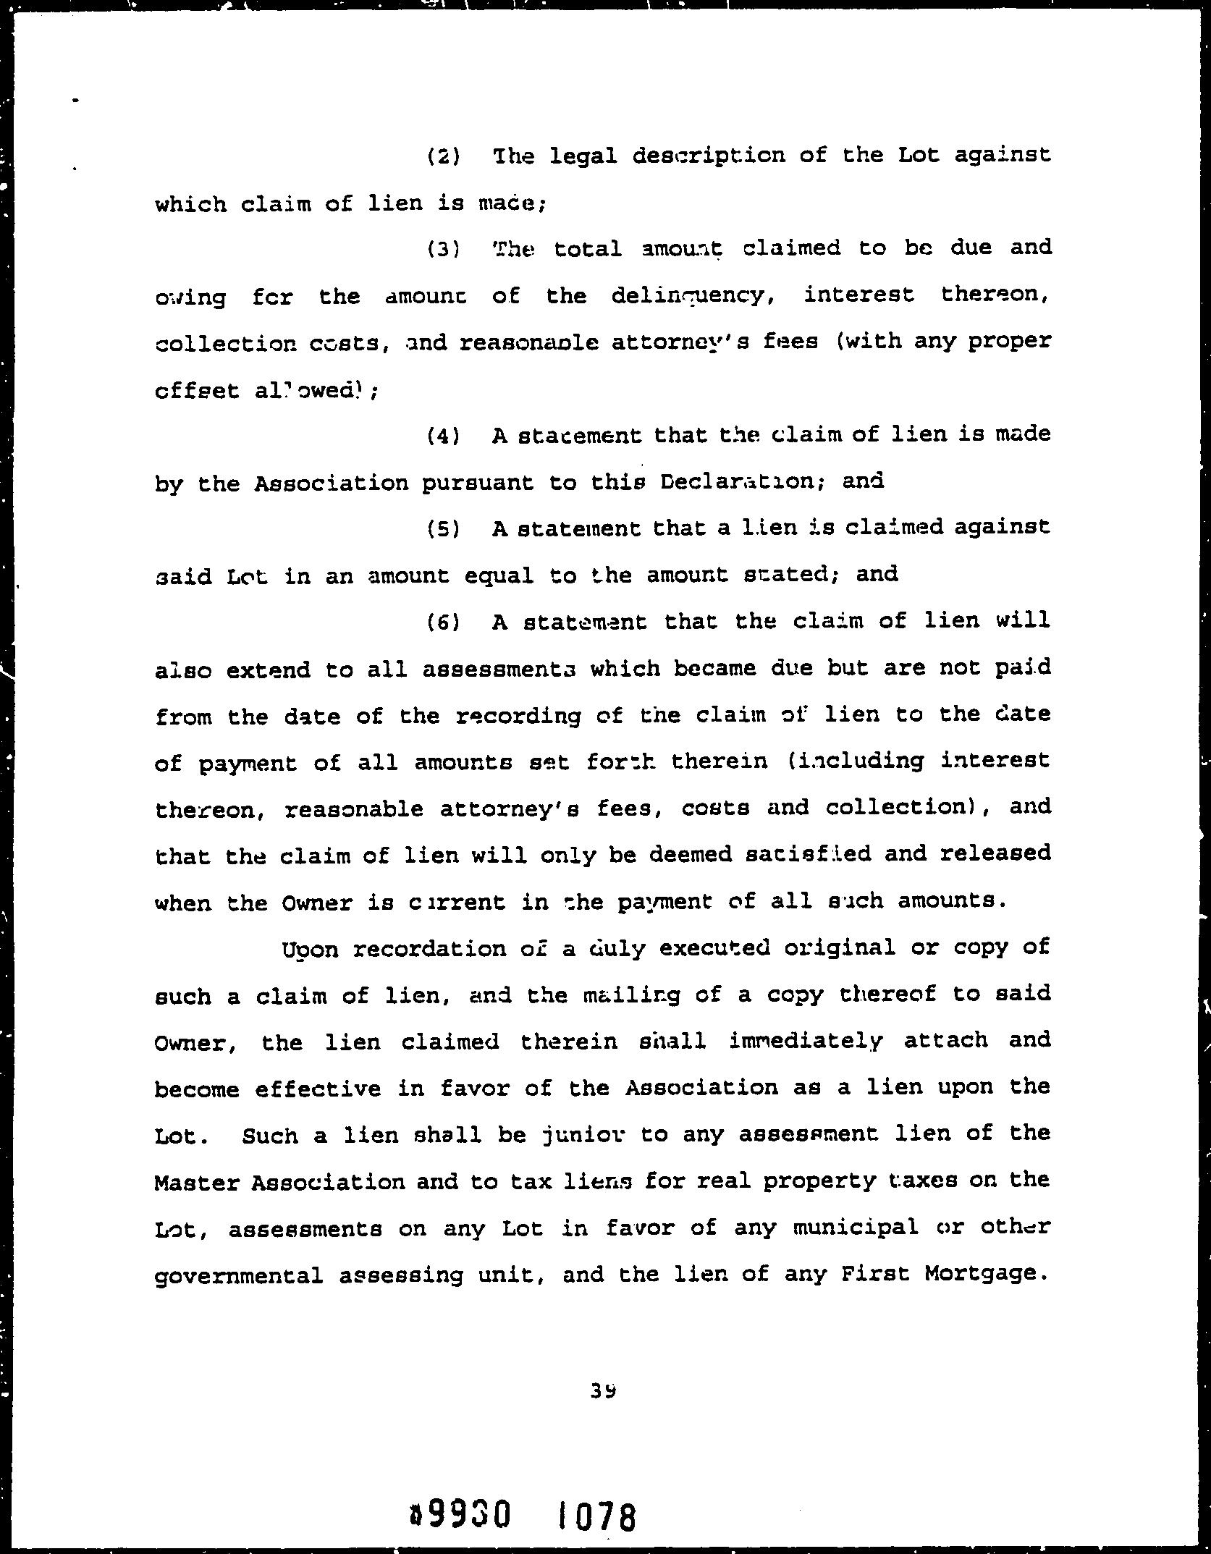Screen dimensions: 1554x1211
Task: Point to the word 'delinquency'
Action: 688,297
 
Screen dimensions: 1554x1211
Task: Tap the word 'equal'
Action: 499,576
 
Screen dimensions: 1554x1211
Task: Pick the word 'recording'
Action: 519,717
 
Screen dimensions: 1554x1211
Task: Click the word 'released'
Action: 995,854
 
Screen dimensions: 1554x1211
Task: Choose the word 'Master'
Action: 197,1183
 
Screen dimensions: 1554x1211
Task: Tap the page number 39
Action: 602,1390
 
